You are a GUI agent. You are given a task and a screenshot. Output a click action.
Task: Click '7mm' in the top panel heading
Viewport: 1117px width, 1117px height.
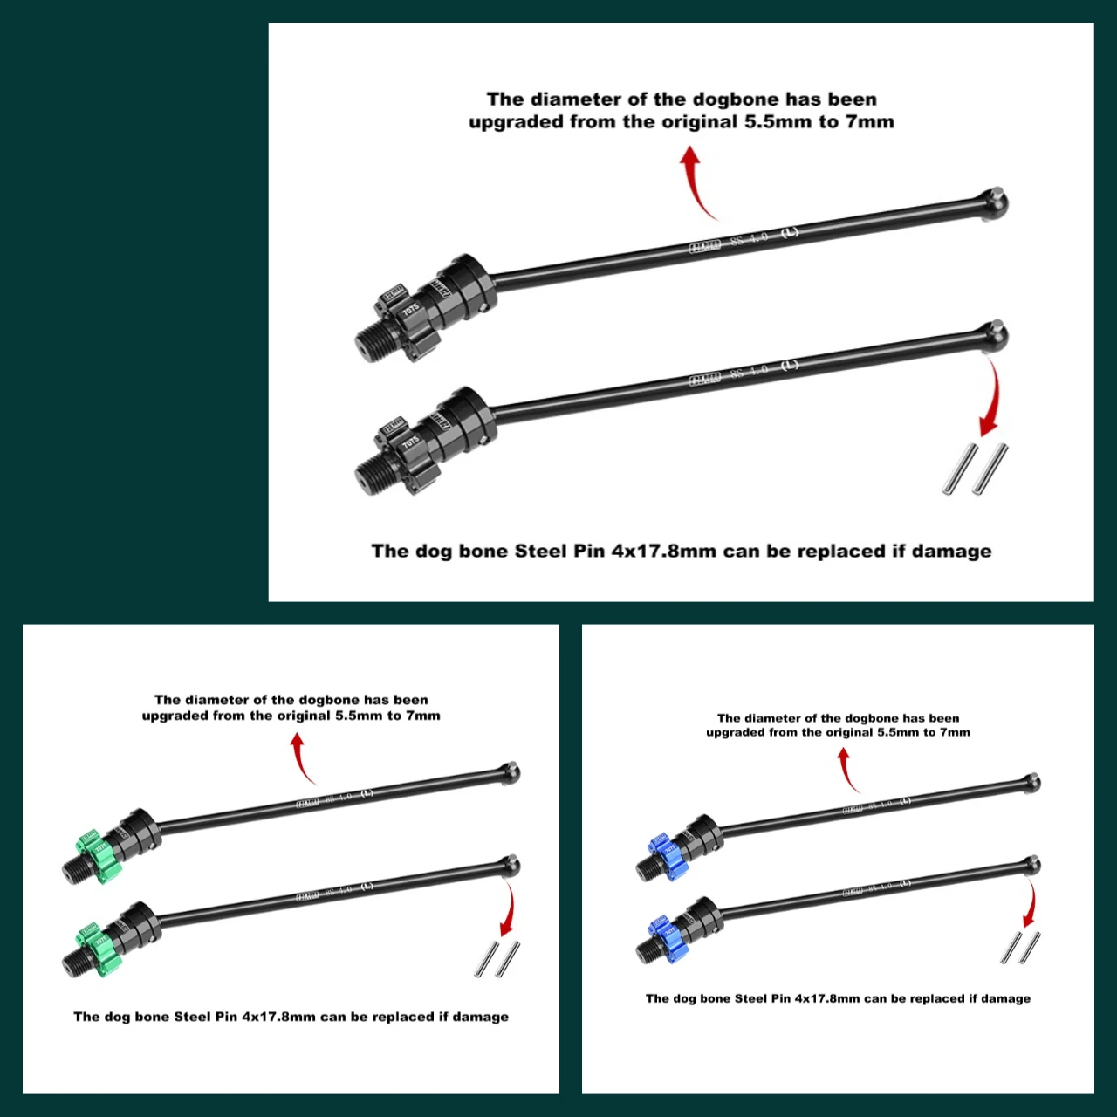click(869, 122)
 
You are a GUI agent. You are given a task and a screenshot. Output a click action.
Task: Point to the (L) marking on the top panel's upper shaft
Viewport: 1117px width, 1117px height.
click(789, 232)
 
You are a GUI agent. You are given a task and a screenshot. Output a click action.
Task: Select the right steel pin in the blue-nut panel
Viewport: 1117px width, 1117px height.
click(1031, 947)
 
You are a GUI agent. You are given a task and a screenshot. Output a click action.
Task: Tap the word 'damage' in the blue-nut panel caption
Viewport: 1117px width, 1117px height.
click(1005, 998)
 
